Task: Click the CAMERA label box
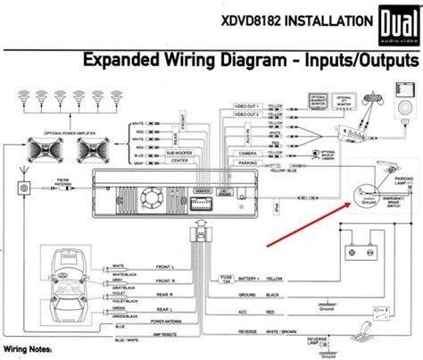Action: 247,152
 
